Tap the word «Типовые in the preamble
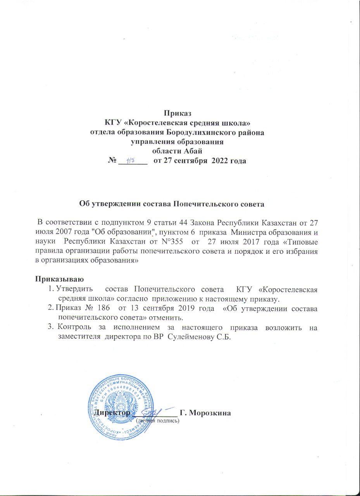[x=304, y=242]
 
